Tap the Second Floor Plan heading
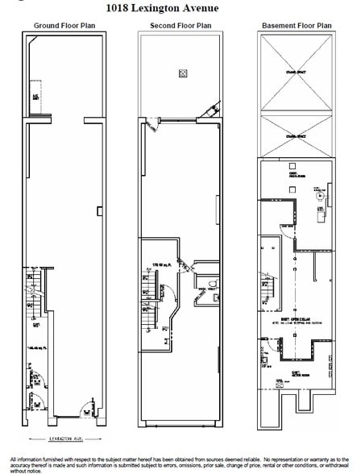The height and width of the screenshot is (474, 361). [x=180, y=26]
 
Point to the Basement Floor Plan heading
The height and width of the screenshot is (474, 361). [x=296, y=26]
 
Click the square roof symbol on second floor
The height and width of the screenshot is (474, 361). [x=182, y=73]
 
